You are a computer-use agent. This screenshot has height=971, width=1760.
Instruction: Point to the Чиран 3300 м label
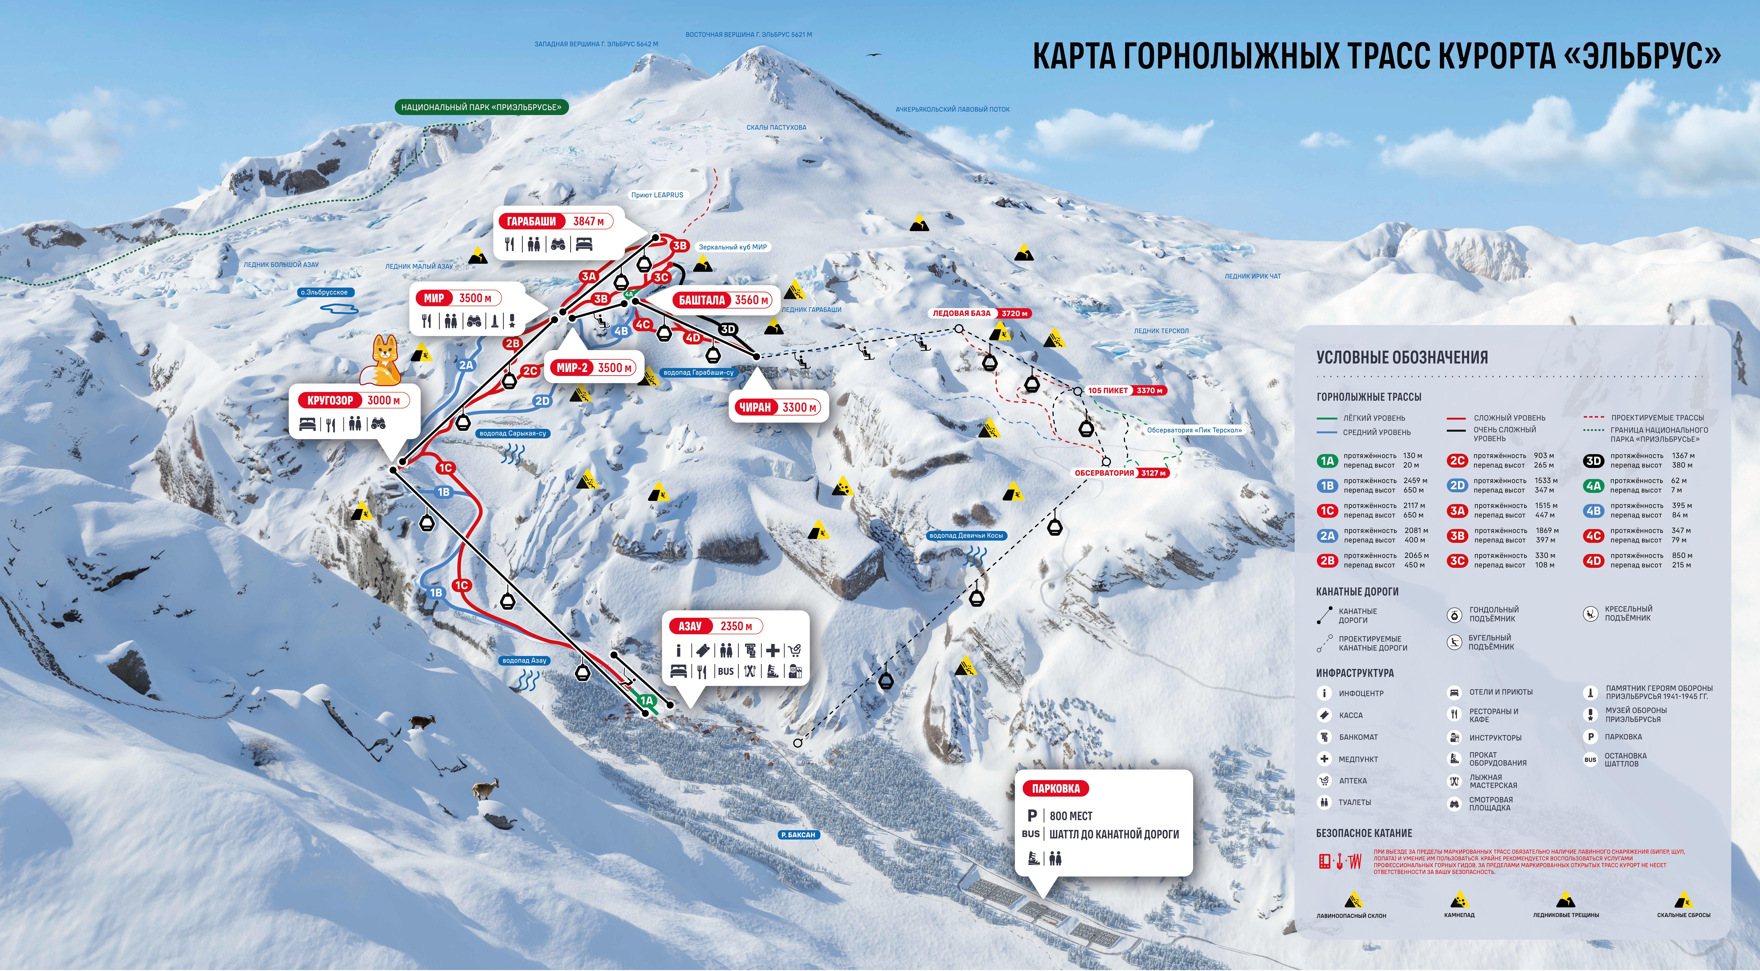(777, 407)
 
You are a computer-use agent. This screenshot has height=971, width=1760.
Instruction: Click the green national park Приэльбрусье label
(481, 107)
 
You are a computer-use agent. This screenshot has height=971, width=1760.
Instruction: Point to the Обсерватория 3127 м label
(1121, 473)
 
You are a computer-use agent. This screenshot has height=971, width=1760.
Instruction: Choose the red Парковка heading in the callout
(1056, 789)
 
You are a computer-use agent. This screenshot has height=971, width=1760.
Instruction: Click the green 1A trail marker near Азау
(646, 700)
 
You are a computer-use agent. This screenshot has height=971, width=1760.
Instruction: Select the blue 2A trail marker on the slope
(466, 365)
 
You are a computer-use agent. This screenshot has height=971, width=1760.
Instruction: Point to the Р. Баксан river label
(798, 835)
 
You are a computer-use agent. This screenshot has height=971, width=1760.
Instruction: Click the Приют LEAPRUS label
(657, 195)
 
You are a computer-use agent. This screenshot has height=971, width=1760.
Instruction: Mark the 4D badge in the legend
(1593, 560)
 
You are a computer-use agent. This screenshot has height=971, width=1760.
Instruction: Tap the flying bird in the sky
(874, 55)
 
